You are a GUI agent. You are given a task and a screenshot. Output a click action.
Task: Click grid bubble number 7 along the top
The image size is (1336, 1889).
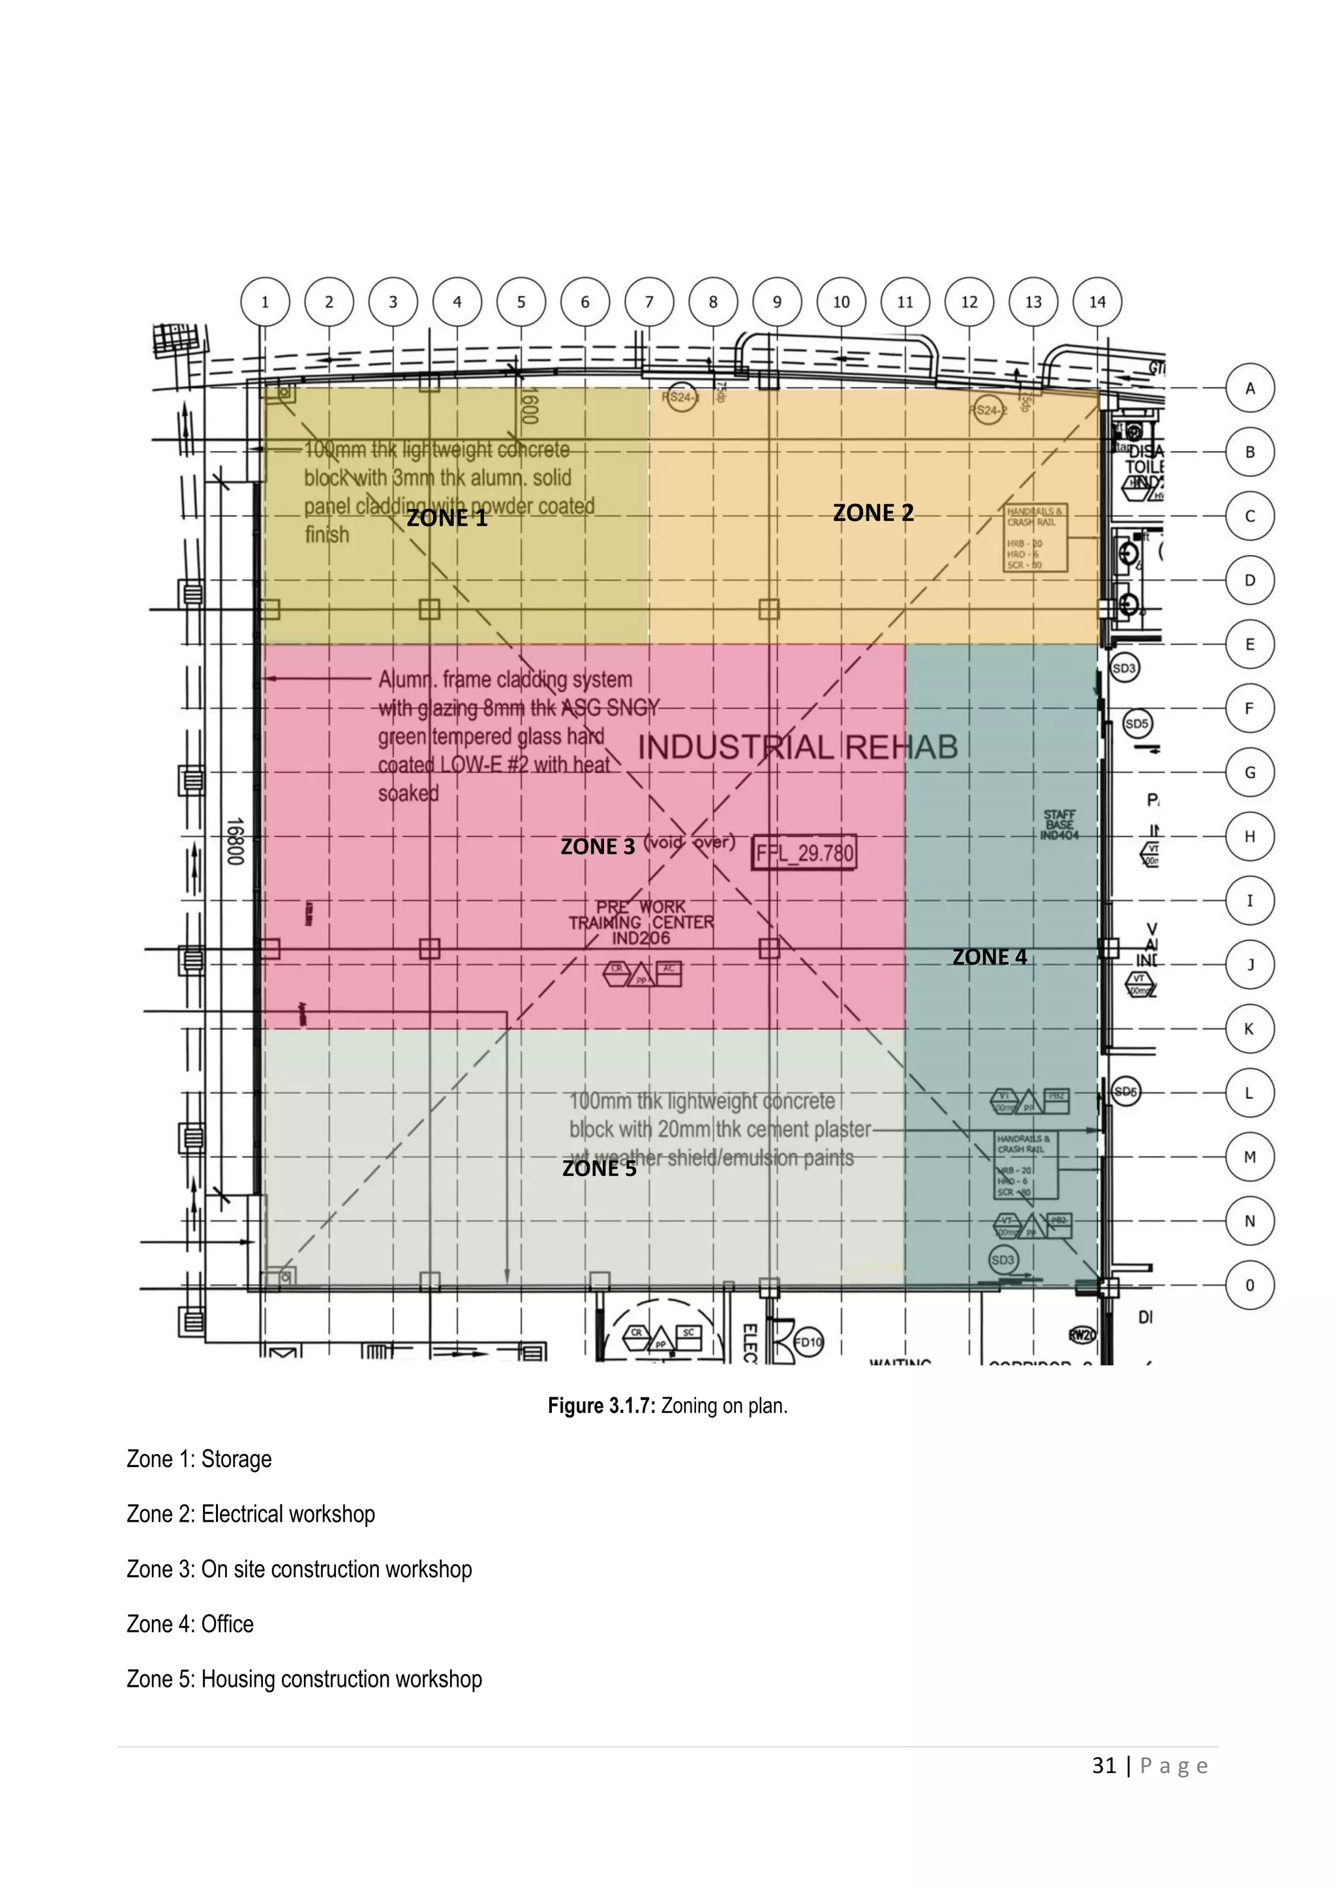click(x=649, y=302)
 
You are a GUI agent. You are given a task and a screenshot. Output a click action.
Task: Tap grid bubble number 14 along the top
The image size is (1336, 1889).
click(x=1097, y=302)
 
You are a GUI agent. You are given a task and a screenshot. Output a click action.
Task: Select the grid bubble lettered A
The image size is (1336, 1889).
click(x=1250, y=388)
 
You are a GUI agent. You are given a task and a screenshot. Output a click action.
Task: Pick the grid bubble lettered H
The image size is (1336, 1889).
click(x=1250, y=837)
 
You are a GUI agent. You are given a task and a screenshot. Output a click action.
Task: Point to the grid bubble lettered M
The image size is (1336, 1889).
click(x=1250, y=1156)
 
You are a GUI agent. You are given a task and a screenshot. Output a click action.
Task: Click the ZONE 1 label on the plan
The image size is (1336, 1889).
click(x=447, y=519)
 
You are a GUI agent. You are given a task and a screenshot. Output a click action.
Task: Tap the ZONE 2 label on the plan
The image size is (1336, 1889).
click(x=873, y=513)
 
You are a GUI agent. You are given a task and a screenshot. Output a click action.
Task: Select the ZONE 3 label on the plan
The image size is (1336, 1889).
click(x=598, y=847)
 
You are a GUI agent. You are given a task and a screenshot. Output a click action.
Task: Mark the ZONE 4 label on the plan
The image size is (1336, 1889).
click(x=989, y=957)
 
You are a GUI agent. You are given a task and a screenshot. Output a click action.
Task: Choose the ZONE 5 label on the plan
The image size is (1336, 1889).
click(x=599, y=1168)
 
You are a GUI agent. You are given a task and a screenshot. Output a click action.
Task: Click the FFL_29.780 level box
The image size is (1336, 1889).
click(x=804, y=853)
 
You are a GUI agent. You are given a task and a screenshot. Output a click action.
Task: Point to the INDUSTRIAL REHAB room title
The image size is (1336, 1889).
click(x=798, y=747)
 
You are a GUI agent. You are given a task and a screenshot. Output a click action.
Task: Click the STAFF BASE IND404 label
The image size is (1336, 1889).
click(x=1059, y=824)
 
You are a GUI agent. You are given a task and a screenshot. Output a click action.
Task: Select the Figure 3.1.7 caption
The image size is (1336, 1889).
click(x=667, y=1405)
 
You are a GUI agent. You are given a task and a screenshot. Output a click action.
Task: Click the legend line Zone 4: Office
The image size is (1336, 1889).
click(x=190, y=1624)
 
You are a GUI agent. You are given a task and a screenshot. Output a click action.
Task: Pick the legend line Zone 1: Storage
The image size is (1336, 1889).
click(x=199, y=1458)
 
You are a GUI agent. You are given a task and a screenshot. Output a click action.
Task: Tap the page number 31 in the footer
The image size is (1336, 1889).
click(x=1104, y=1766)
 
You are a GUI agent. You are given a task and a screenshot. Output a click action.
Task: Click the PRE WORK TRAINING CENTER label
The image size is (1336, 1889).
click(x=641, y=922)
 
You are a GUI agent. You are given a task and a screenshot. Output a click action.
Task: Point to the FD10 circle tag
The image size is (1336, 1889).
click(x=808, y=1342)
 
